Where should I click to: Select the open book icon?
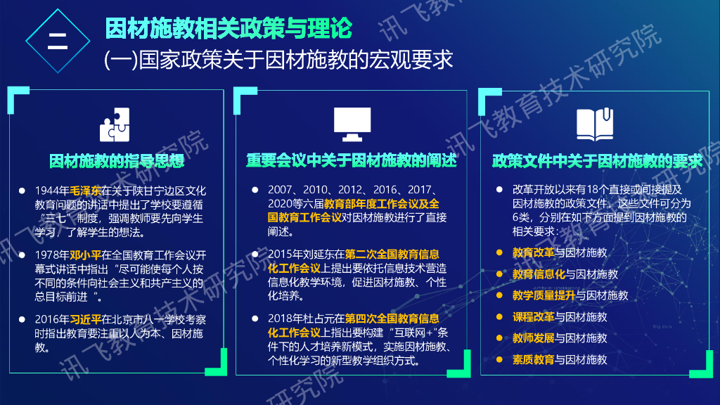coord(595,124)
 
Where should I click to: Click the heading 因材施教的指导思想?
coord(117,161)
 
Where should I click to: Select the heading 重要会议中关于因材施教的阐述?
coord(352,161)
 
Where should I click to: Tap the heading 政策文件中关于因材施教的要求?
coord(597,161)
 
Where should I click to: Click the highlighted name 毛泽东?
coord(85,191)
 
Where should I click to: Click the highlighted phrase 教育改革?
coord(532,252)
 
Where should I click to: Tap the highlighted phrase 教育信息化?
coord(538,274)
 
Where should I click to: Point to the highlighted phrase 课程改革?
coord(532,316)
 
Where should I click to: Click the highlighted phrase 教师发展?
coord(532,338)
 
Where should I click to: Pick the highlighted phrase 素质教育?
coord(532,359)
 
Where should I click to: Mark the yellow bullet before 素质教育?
coord(499,359)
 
